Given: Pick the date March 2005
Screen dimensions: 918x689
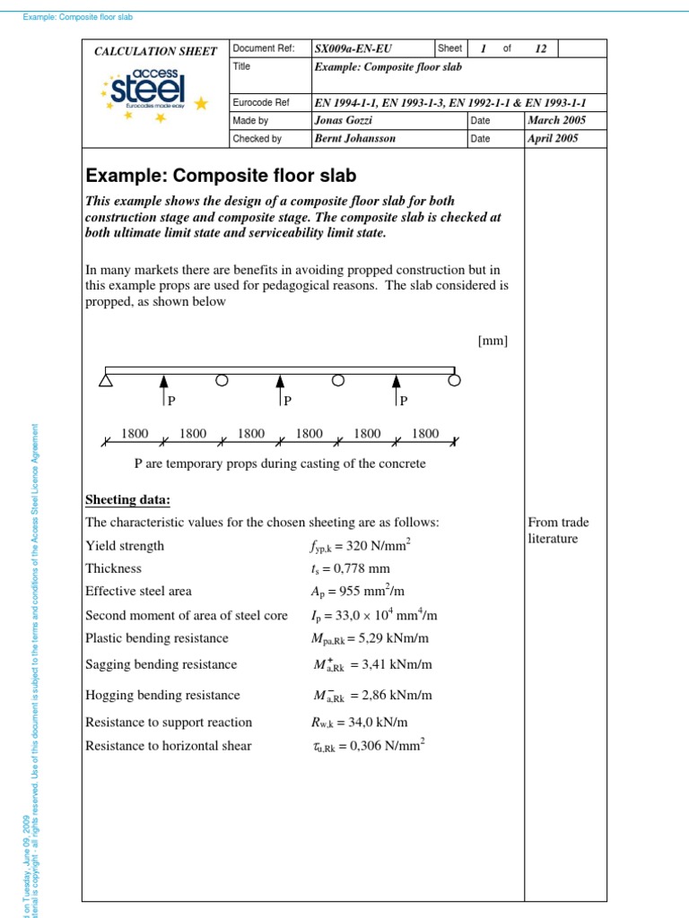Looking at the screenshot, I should tap(554, 120).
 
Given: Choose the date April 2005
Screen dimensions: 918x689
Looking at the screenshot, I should tap(554, 139).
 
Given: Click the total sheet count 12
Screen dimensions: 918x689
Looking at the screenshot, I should tap(540, 49).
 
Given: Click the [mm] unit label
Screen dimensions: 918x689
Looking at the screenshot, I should tap(493, 341).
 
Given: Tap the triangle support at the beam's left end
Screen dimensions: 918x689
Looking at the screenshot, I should tap(106, 381).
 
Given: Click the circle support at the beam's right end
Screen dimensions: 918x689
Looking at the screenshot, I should tap(455, 380).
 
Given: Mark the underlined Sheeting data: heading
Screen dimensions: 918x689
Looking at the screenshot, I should tap(127, 499).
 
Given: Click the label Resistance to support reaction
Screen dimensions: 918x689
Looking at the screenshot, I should tap(169, 723).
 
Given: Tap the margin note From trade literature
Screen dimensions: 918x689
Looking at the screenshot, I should tap(560, 530).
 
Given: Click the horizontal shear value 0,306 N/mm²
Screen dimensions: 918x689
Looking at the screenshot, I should tap(369, 746).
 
